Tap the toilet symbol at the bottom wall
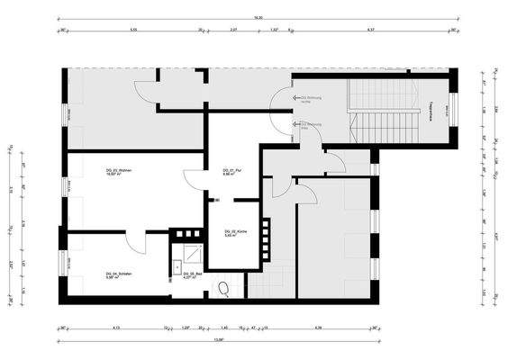coord(222,288)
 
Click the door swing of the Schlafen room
coord(133,240)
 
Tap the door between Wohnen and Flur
coord(193,179)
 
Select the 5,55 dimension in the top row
coord(132,30)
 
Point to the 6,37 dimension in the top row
coord(370,30)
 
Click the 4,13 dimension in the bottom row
coord(117,328)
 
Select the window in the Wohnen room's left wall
coord(64,186)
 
